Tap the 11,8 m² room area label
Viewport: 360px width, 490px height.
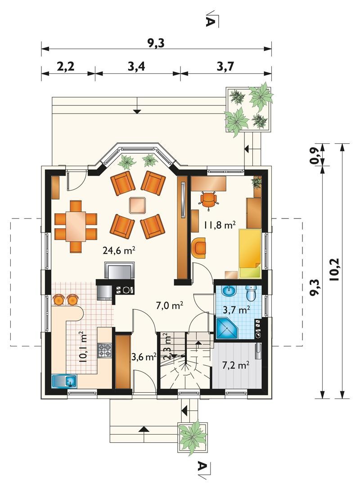click(x=220, y=225)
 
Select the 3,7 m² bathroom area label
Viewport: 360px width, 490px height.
click(x=236, y=310)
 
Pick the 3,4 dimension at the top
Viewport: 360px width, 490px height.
click(x=136, y=66)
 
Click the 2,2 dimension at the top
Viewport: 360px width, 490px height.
click(x=66, y=66)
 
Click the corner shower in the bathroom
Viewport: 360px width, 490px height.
click(x=226, y=328)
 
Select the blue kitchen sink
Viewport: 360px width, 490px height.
click(x=64, y=381)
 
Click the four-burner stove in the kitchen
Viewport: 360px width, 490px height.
click(x=104, y=350)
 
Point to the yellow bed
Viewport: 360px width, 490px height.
click(x=250, y=254)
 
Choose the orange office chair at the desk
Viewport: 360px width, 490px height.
click(x=208, y=199)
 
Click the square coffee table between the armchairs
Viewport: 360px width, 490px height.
click(x=138, y=205)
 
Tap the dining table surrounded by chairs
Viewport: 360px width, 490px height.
click(x=76, y=226)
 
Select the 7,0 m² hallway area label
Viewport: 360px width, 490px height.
click(x=169, y=305)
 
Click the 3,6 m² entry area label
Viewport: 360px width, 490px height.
click(x=144, y=357)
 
